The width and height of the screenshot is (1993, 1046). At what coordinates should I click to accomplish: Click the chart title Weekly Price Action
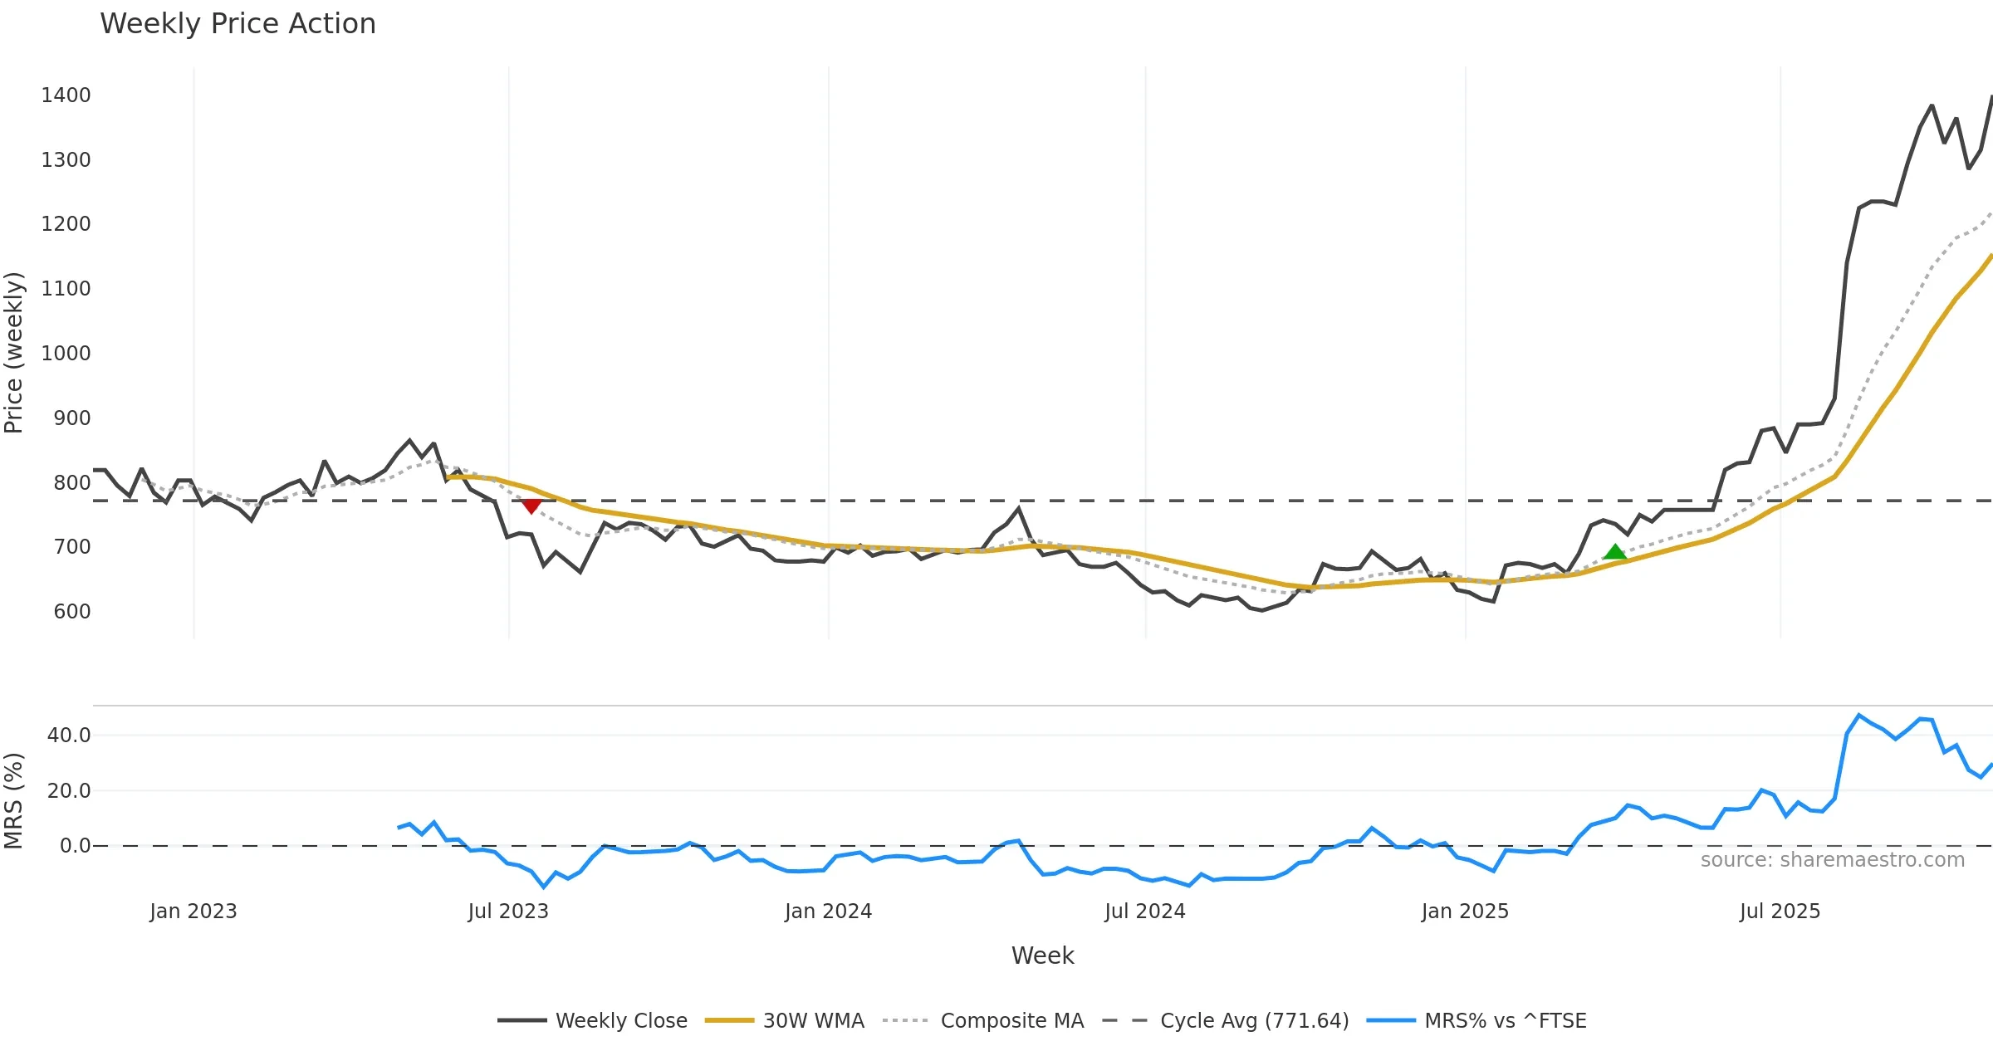pyautogui.click(x=237, y=23)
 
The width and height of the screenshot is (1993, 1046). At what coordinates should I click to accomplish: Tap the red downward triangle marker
pyautogui.click(x=531, y=506)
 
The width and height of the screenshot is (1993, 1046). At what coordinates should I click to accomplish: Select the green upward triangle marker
pyautogui.click(x=1614, y=552)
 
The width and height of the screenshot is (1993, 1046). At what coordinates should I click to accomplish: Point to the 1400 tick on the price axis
pyautogui.click(x=66, y=95)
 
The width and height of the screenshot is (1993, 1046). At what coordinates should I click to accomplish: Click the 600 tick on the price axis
pyautogui.click(x=72, y=612)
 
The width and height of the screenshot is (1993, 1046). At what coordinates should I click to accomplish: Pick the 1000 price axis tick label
pyautogui.click(x=66, y=354)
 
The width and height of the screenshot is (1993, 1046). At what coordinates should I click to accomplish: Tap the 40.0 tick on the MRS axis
pyautogui.click(x=69, y=736)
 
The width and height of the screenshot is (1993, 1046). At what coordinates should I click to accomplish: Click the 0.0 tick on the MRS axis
pyautogui.click(x=75, y=846)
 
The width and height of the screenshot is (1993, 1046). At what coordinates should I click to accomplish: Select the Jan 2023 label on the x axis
pyautogui.click(x=193, y=912)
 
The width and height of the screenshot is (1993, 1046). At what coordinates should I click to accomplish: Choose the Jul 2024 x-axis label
pyautogui.click(x=1144, y=912)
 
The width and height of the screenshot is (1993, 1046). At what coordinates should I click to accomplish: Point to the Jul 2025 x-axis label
pyautogui.click(x=1780, y=912)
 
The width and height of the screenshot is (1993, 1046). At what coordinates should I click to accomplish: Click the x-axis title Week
pyautogui.click(x=1042, y=956)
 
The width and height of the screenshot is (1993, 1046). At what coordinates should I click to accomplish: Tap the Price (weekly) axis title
pyautogui.click(x=14, y=353)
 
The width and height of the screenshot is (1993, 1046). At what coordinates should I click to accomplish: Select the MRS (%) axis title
pyautogui.click(x=14, y=800)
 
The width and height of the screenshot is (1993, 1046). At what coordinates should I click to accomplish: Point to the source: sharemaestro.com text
pyautogui.click(x=1832, y=860)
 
